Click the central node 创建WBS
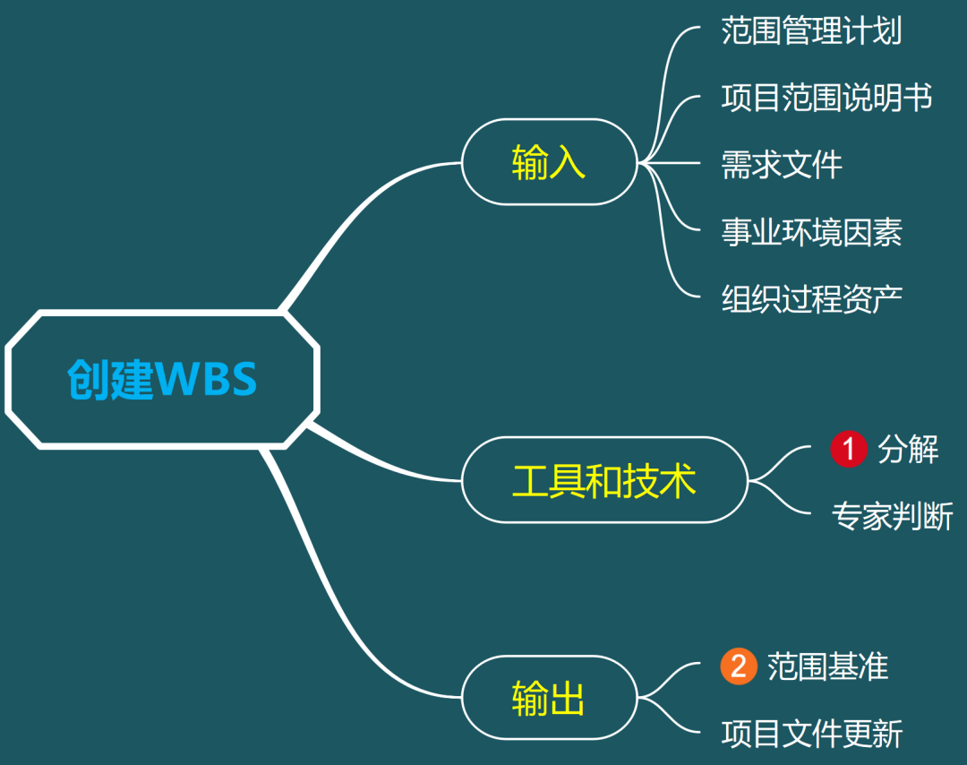(x=162, y=378)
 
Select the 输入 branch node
(x=548, y=163)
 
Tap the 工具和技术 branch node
(x=603, y=480)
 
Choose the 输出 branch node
(x=548, y=698)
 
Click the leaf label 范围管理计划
(x=811, y=31)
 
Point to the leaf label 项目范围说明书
(x=826, y=98)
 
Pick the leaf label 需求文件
(x=782, y=165)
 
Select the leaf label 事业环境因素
(x=811, y=232)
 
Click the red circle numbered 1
(x=848, y=449)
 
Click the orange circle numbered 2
(x=739, y=666)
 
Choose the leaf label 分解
(x=908, y=449)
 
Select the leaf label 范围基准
(x=827, y=666)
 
